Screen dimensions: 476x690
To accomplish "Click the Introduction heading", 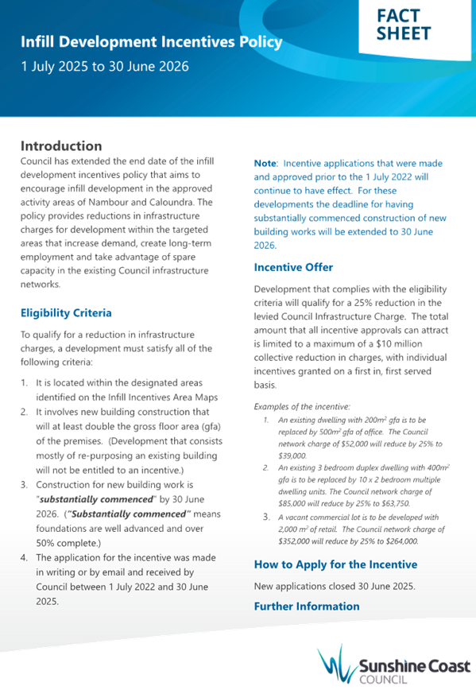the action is click(61, 146).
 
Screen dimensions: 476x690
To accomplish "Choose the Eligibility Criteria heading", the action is click(66, 313).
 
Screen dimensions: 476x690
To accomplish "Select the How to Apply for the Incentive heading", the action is click(335, 564).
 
